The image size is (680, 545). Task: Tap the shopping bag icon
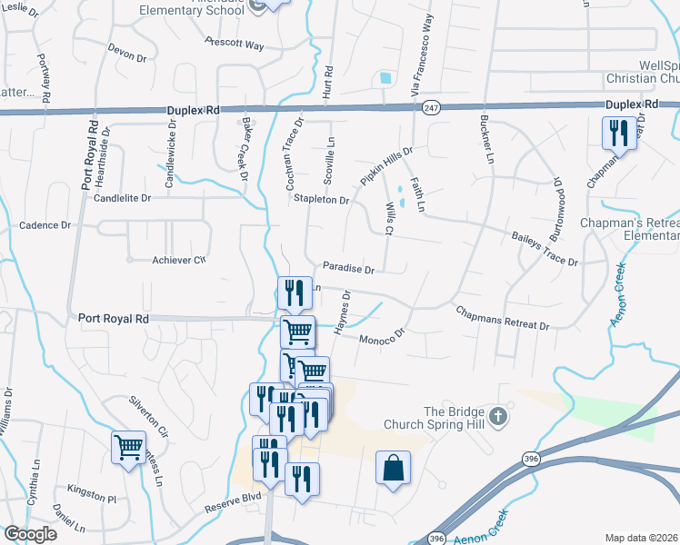coord(393,469)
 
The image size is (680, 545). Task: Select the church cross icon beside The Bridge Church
coord(496,417)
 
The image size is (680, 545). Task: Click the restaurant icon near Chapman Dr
coord(619,134)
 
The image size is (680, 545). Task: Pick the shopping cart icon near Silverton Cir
coord(128,447)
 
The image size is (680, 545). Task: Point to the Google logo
coord(30,534)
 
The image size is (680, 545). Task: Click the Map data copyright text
coord(641,538)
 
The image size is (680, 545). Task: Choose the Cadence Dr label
coord(45,225)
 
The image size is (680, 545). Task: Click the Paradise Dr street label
coord(349,269)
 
